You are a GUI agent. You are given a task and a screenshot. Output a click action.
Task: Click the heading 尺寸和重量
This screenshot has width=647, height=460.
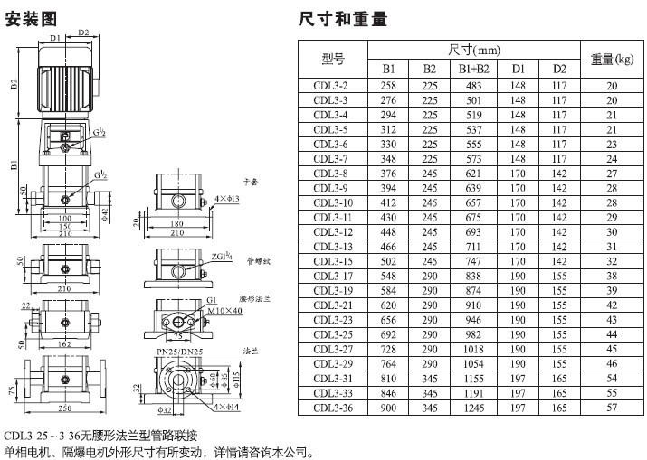point(342,16)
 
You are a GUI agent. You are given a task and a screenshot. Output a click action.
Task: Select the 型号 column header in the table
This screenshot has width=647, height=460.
point(333,59)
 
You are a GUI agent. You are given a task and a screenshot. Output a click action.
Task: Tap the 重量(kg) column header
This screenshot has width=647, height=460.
point(612,59)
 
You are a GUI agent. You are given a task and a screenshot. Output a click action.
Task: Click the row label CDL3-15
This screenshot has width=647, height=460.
point(331,261)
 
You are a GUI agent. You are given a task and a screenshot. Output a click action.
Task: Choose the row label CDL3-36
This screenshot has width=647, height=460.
point(331,408)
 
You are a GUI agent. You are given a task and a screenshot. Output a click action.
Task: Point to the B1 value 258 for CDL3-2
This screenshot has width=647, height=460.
point(389,85)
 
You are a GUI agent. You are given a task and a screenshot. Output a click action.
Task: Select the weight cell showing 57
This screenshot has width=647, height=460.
point(612,408)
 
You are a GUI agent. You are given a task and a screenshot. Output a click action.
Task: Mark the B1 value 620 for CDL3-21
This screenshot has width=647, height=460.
point(389,305)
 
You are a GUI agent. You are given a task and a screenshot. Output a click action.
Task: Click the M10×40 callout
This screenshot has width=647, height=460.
point(224,312)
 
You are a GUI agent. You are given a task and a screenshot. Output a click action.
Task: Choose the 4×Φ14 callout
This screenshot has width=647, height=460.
point(227,408)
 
